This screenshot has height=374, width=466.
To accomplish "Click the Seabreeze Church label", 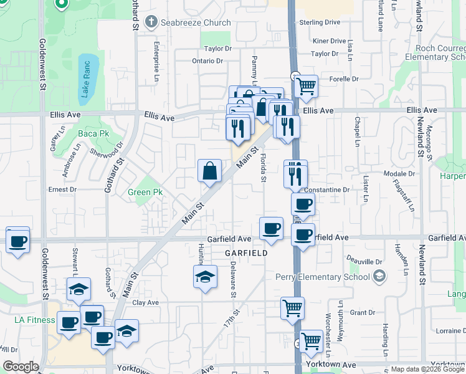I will [x=196, y=22].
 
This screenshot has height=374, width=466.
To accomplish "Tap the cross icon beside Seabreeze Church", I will [x=150, y=22].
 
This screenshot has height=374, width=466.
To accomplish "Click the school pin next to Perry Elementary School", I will [x=379, y=276].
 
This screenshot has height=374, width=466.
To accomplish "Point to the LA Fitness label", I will [x=35, y=320].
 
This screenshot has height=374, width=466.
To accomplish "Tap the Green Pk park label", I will [x=145, y=193].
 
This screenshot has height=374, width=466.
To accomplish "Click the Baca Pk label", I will [x=93, y=133].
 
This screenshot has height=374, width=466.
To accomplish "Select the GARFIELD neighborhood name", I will [x=247, y=254].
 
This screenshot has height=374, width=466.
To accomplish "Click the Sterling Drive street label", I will [x=320, y=22].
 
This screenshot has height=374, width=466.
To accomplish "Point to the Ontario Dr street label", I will [x=207, y=60].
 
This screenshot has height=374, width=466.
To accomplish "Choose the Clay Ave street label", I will [x=146, y=302].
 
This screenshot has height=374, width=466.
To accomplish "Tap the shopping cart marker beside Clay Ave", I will [x=292, y=307].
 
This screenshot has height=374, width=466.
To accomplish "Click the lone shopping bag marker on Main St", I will [x=210, y=170].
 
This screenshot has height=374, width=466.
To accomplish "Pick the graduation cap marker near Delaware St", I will [x=205, y=277].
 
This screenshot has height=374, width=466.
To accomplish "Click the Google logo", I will [x=21, y=367].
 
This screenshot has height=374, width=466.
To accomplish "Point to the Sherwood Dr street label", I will [x=107, y=150].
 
